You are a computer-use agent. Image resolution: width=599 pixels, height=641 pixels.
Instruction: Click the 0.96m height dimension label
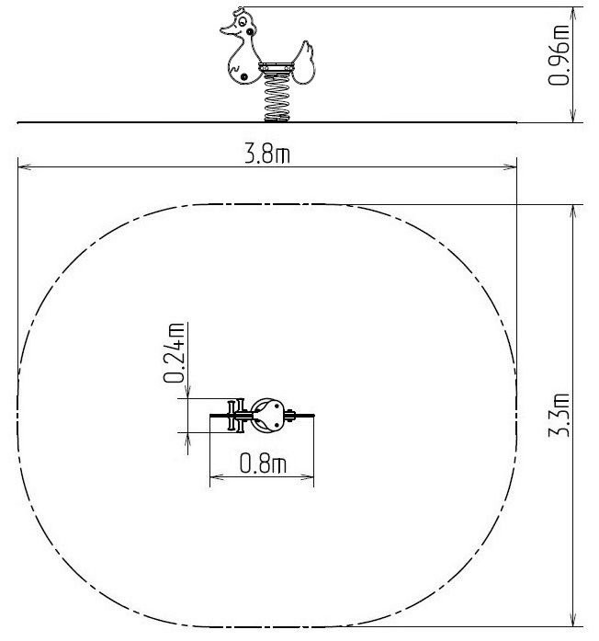(559, 55)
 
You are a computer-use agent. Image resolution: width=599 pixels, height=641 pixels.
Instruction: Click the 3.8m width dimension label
(267, 155)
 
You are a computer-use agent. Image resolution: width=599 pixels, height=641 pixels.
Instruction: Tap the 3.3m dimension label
(559, 415)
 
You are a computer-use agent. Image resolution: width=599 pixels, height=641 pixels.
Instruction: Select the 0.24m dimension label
(174, 353)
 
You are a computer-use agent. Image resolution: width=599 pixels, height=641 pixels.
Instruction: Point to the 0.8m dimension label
(263, 464)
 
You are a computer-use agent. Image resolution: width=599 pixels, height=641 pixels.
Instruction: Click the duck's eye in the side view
(243, 20)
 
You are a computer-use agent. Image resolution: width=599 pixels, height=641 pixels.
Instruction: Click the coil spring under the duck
(277, 98)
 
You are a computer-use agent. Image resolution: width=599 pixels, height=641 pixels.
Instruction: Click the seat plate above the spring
(276, 67)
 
